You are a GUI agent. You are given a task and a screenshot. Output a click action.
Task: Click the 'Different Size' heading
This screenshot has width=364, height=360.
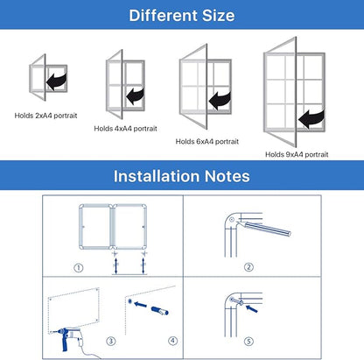pos(181,15)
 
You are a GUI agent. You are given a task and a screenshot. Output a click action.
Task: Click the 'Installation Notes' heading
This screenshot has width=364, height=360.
pos(181,176)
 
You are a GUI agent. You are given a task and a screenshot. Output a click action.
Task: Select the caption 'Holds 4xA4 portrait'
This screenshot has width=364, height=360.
pos(123,128)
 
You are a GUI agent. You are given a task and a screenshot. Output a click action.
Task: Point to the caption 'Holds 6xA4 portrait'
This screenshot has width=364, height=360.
pos(207,140)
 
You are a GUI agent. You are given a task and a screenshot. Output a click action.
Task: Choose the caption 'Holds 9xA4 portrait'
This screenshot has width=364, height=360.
pos(297,153)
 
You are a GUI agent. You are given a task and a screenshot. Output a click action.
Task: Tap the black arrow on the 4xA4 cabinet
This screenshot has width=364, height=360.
pos(136,94)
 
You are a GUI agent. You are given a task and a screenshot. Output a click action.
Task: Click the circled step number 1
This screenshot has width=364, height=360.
pos(78,267)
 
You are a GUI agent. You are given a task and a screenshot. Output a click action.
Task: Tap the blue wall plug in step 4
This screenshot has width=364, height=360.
pos(157,309)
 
